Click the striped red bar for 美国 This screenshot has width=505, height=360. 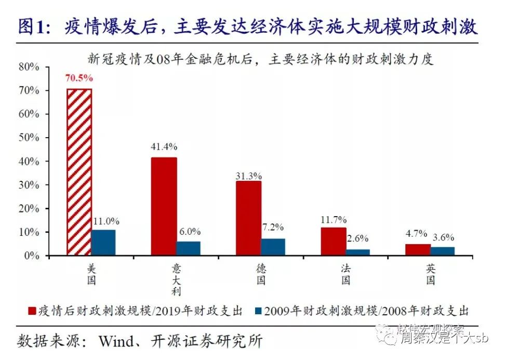[79, 172]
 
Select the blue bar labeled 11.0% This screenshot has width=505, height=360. [104, 243]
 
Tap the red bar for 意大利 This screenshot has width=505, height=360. [164, 206]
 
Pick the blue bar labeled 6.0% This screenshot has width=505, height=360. [189, 248]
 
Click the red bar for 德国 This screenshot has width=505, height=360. [249, 218]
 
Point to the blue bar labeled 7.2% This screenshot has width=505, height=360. [273, 247]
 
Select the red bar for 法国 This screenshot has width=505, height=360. [334, 242]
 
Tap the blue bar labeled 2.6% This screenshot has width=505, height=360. [358, 252]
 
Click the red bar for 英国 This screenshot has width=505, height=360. [418, 250]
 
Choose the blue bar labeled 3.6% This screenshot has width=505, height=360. [443, 251]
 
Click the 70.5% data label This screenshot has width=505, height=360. [79, 78]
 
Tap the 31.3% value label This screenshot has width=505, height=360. [248, 176]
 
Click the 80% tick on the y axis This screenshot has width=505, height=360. [29, 67]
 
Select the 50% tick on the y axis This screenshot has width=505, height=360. [29, 138]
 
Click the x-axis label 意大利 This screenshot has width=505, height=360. [176, 279]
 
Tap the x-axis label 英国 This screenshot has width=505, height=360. [431, 274]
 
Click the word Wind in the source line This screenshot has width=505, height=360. [119, 341]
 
